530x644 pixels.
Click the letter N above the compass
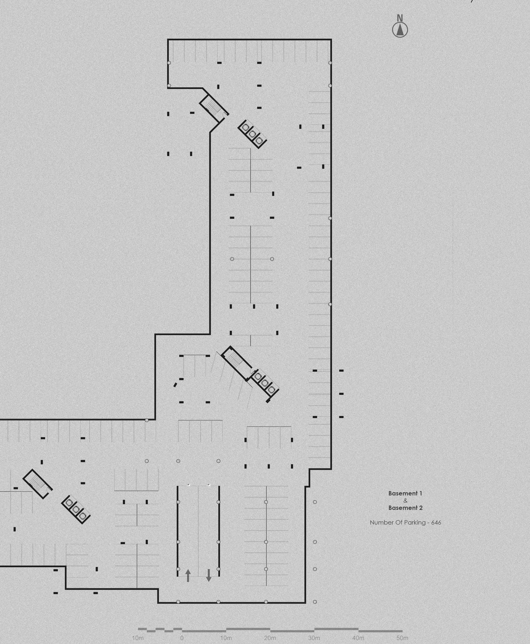(x=400, y=18)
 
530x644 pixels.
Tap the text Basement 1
(x=405, y=493)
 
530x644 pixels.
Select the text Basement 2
(x=405, y=508)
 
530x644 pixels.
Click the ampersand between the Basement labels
(x=405, y=501)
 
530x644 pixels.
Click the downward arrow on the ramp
(x=209, y=575)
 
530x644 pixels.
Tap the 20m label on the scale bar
(x=270, y=638)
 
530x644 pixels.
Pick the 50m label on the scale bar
(x=402, y=638)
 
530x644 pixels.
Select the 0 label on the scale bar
(x=182, y=638)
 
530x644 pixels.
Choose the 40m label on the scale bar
(x=358, y=638)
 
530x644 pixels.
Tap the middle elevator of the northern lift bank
(x=252, y=134)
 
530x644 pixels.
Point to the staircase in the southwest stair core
(x=36, y=482)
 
